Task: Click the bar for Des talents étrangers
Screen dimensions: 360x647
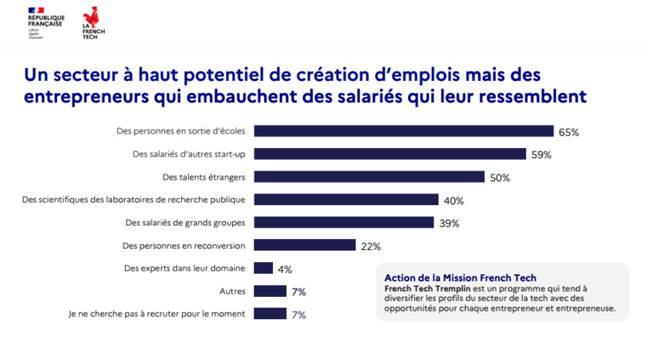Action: point(369,177)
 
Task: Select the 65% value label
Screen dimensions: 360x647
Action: point(568,133)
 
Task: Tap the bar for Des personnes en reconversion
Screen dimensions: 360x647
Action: point(305,246)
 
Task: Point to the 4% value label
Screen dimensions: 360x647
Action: point(285,269)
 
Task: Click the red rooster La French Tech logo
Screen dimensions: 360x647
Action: point(93,22)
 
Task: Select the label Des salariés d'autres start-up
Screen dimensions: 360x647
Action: point(189,154)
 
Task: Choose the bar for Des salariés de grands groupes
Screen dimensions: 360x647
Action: point(344,223)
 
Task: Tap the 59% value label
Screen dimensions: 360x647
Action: point(541,155)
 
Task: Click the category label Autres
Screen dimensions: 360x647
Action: point(233,291)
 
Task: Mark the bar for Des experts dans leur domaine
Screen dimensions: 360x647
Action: point(264,268)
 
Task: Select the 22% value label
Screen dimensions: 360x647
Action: point(370,247)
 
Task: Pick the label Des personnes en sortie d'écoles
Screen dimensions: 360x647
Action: point(181,131)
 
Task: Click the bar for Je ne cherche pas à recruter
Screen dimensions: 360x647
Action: point(270,314)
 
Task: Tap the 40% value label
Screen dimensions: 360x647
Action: point(453,201)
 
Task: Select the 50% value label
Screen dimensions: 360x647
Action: point(500,178)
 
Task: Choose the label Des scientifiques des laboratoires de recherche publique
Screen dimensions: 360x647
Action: point(134,200)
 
